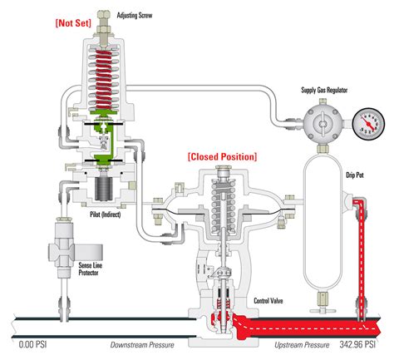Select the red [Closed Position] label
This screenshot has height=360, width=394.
coord(222,155)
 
